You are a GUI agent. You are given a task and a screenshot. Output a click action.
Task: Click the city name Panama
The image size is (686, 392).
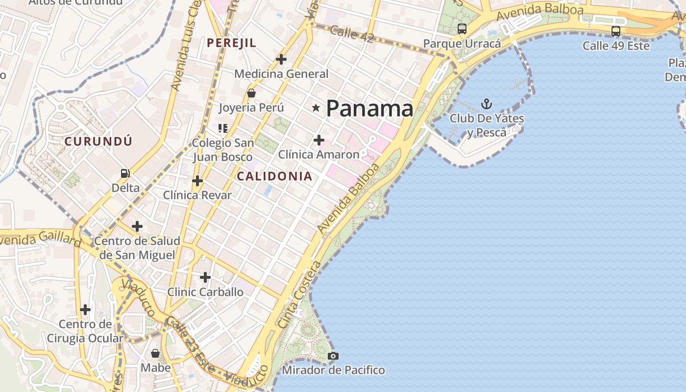click(369, 108)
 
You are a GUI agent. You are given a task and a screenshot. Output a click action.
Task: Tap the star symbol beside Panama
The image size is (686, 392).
click(316, 107)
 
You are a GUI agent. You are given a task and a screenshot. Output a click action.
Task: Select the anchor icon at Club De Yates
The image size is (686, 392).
click(487, 103)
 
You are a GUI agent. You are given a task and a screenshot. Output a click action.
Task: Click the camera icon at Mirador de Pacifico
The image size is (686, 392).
click(333, 356)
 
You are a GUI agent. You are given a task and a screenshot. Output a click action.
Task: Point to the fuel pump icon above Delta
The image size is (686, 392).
click(125, 173)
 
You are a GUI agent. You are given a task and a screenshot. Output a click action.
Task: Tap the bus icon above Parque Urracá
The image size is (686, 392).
click(462, 29)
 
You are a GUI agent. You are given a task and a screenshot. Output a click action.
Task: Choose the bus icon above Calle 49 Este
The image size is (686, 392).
click(616, 31)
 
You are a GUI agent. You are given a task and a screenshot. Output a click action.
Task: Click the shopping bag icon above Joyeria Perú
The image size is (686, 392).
click(251, 93)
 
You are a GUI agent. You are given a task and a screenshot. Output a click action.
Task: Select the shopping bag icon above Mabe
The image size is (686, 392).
click(155, 353)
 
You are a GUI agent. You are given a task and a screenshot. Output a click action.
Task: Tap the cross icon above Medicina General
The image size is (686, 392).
click(281, 59)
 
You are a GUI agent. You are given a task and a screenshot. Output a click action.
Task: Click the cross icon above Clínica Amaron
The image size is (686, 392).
click(319, 140)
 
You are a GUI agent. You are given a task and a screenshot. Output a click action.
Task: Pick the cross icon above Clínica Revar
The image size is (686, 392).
click(197, 181)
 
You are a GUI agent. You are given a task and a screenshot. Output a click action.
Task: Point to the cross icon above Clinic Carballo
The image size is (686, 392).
click(205, 277)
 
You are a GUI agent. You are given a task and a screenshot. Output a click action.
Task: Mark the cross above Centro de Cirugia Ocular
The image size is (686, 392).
click(85, 310)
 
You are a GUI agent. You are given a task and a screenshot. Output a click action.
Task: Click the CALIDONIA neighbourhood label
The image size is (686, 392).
click(274, 176)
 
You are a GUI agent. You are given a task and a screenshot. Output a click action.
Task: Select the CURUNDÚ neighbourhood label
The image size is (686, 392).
click(98, 142)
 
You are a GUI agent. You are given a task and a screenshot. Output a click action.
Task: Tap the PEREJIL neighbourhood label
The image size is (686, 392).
click(231, 43)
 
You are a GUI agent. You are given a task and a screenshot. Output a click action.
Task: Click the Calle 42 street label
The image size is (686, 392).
click(352, 33)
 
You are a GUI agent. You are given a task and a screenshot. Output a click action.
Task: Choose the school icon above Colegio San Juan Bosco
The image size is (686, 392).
click(223, 128)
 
